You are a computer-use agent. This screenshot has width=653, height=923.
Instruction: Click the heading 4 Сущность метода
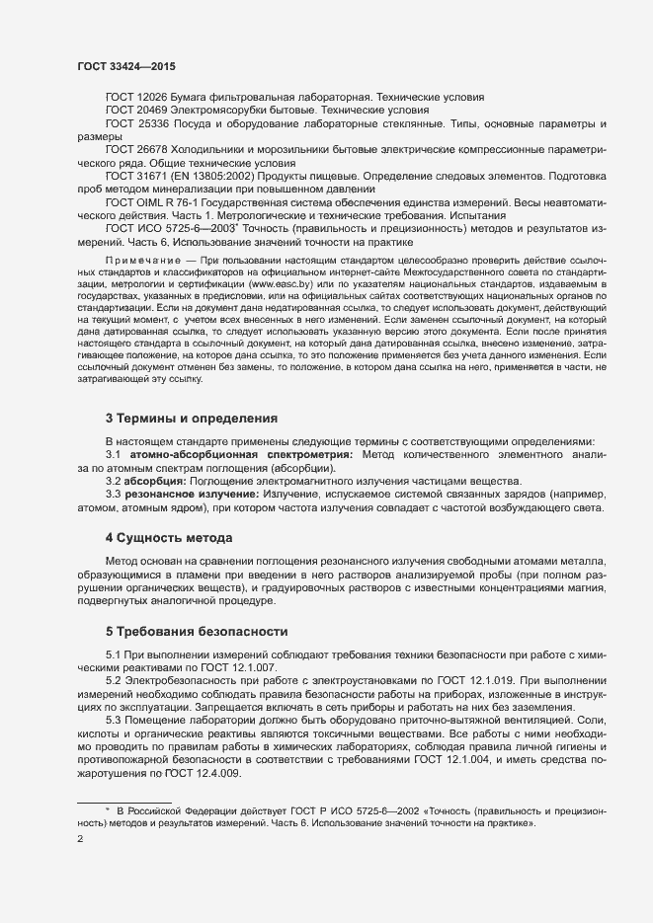pos(168,538)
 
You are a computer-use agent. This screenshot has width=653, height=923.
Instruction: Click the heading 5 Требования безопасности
pos(196,631)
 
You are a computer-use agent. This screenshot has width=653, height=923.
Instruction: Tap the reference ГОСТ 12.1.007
pos(224,666)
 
